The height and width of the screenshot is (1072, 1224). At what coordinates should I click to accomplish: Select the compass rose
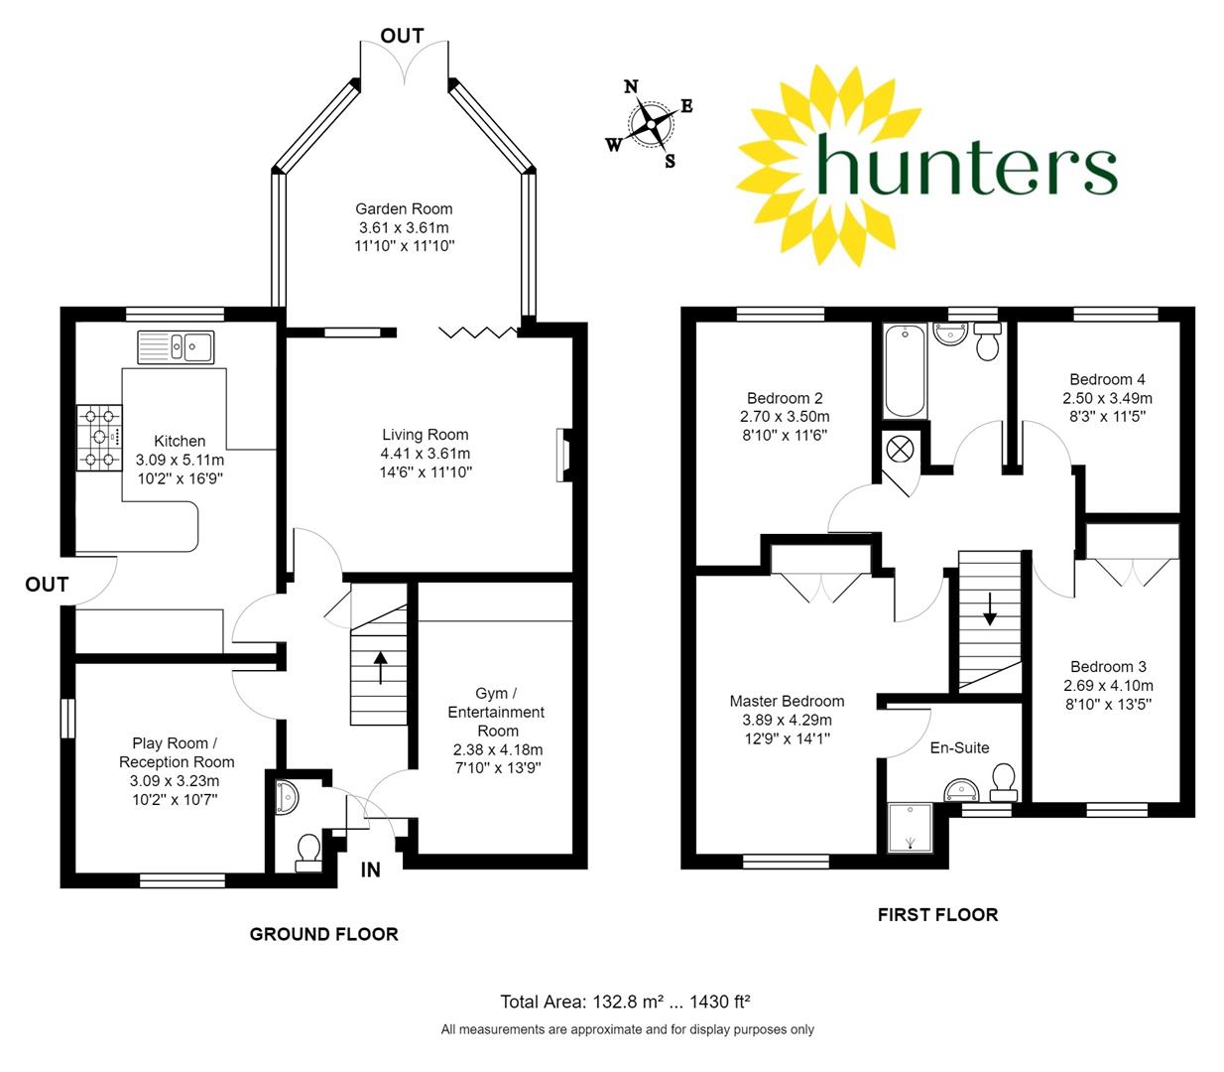651,124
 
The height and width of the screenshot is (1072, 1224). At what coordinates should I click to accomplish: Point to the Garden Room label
404,208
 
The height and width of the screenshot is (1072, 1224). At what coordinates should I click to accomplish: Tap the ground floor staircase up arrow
380,666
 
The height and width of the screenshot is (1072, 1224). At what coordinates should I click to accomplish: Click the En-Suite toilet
1004,781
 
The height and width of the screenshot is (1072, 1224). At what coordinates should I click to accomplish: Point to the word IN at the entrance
370,871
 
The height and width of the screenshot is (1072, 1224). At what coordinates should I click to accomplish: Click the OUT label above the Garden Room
402,36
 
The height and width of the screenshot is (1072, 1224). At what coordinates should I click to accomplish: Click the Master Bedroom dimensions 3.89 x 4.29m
787,720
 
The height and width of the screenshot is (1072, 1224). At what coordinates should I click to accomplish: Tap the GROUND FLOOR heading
323,934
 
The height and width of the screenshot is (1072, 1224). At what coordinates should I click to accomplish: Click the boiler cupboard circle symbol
902,447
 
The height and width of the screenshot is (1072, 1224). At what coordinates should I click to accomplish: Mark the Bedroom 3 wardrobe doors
1131,573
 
